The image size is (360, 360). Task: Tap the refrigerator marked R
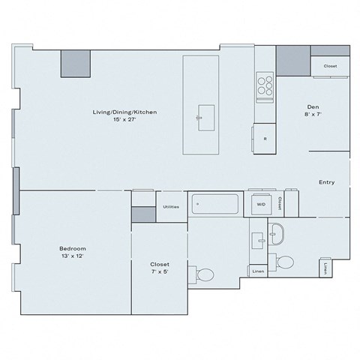pos(265,138)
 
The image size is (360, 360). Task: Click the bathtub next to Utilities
pos(215,204)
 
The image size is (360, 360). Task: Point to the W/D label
pos(261,204)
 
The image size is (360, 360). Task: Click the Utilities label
pos(171,206)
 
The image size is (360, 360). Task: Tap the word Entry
pos(326,182)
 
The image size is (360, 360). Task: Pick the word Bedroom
pos(73,248)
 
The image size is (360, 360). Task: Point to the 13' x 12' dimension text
pos(73,256)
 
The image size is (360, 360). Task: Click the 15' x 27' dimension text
pos(124,120)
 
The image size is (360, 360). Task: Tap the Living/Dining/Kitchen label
pos(124,112)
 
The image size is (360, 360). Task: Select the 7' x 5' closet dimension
pos(159,271)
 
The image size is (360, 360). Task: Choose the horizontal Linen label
pos(258,271)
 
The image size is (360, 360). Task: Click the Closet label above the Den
pos(330,66)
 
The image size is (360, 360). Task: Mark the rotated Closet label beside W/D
pos(279,203)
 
